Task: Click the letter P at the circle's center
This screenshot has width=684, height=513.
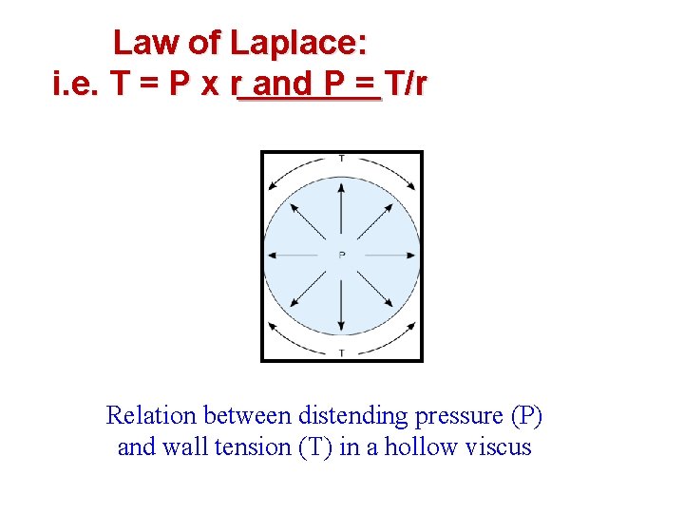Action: pos(342,255)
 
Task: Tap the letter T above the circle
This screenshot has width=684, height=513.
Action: pos(342,158)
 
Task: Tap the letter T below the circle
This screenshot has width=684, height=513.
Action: pos(342,353)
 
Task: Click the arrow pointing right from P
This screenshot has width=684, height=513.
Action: pos(388,255)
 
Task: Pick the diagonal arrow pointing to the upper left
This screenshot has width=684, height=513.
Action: pos(309,221)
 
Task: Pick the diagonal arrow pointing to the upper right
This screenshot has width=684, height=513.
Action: pos(375,221)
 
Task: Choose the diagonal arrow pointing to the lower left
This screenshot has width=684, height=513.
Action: pos(309,288)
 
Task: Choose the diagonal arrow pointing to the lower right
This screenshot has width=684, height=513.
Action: pos(375,288)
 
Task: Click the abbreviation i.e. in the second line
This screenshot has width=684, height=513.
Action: pos(77,85)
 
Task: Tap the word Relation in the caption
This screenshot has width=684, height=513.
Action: pos(150,416)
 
